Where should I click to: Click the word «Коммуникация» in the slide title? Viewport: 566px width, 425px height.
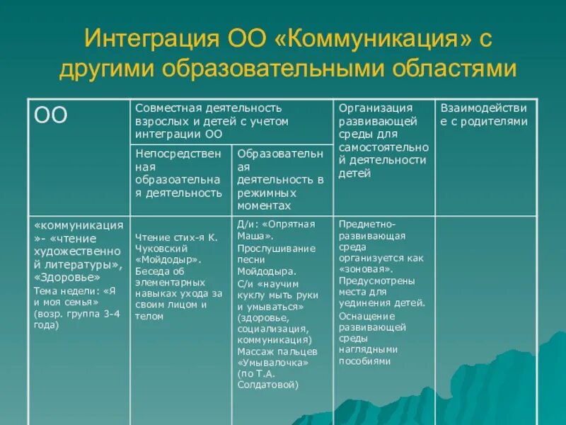[372, 39]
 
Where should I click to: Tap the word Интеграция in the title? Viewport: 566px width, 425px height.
[154, 39]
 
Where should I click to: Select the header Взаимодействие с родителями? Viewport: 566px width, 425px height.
[484, 115]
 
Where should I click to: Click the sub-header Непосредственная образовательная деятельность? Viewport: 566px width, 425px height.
[178, 173]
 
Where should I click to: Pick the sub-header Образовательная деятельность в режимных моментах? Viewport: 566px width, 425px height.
[280, 179]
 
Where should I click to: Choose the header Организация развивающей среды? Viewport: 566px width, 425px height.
[383, 140]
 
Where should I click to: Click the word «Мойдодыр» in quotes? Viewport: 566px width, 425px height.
[167, 260]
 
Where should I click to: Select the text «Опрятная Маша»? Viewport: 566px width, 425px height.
[280, 230]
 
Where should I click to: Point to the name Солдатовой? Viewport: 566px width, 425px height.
[268, 385]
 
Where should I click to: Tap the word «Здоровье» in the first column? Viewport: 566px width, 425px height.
[62, 277]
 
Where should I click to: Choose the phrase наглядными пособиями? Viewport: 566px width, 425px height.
[368, 355]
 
